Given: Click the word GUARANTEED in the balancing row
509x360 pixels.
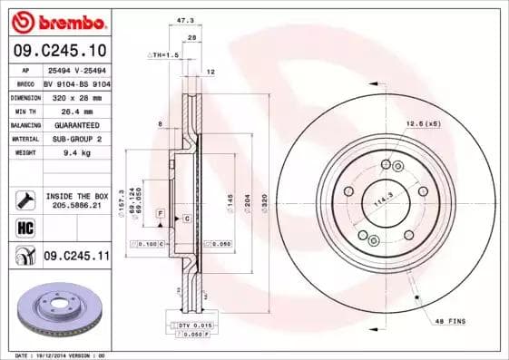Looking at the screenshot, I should (75, 125).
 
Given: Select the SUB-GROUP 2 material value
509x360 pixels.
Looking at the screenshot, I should (75, 139).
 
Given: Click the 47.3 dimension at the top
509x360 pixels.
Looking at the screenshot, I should (185, 18).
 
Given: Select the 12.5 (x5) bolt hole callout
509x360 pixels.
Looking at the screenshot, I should (423, 123).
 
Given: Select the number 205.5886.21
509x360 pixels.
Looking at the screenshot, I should (77, 207).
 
